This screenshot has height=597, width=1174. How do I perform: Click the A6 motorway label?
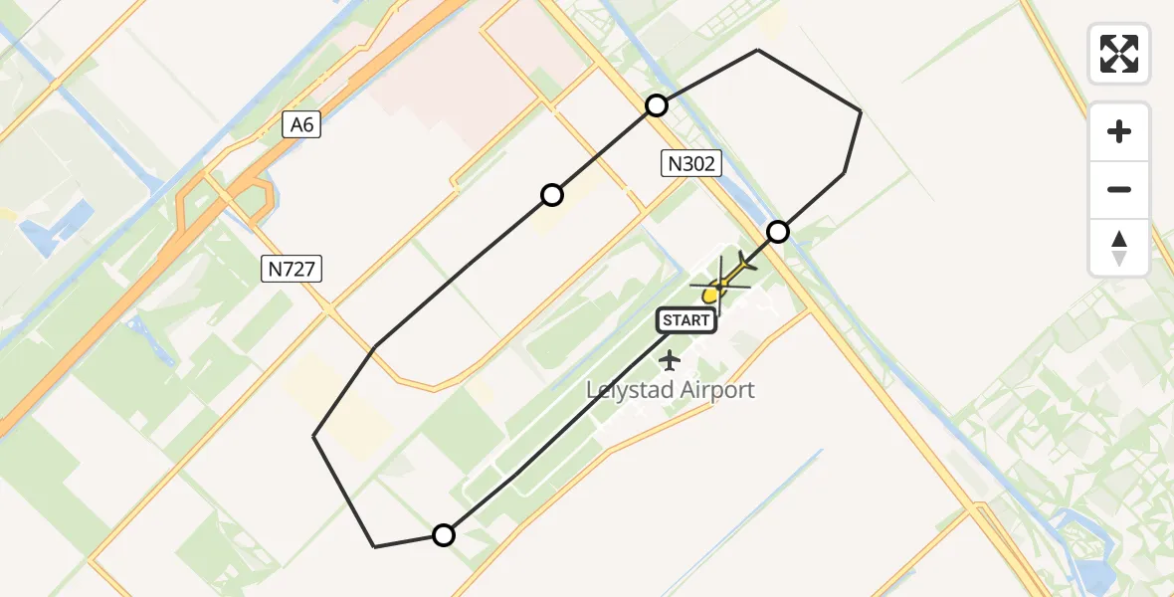point(301,124)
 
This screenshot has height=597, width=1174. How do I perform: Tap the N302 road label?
point(690,163)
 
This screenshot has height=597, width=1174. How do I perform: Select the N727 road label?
point(293,268)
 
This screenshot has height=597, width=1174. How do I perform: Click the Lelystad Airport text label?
point(670,390)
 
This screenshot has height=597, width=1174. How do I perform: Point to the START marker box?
point(685,320)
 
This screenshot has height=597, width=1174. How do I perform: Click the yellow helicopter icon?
point(724,282)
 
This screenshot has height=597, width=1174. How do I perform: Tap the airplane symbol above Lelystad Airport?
point(670,359)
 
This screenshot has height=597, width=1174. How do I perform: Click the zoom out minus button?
point(1119,190)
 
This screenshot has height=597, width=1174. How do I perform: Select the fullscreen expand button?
point(1119,54)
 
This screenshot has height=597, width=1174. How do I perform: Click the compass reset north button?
point(1119,248)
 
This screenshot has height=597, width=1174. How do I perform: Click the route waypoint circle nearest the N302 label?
point(657,105)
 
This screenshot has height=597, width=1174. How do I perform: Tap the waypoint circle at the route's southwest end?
point(444,535)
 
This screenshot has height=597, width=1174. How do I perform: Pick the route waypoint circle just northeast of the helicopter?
point(778,232)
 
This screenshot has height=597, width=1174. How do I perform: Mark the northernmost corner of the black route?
point(758,50)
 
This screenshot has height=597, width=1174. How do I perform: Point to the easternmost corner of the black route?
point(861,111)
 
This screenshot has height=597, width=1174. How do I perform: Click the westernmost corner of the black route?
point(314,436)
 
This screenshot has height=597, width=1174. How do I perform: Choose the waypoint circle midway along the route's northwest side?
point(552,195)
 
